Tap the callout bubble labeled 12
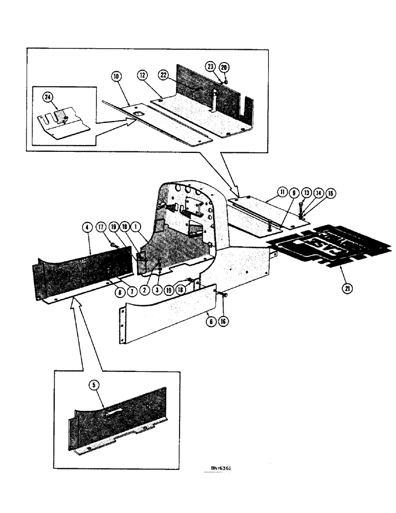tap(142, 76)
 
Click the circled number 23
tap(211, 67)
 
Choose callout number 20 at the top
tap(224, 67)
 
